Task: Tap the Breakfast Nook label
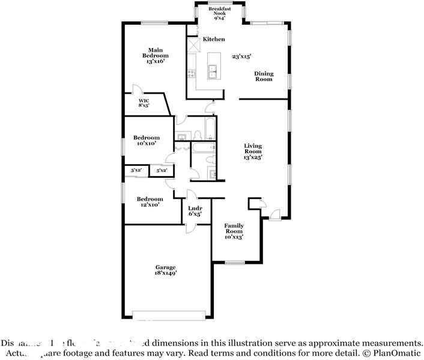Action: pyautogui.click(x=219, y=14)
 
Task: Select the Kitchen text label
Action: pyautogui.click(x=213, y=39)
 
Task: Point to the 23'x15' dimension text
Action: pyautogui.click(x=241, y=56)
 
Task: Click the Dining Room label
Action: pyautogui.click(x=264, y=76)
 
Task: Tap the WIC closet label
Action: pyautogui.click(x=144, y=103)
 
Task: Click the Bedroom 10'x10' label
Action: pyautogui.click(x=146, y=140)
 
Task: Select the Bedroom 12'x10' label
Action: pyautogui.click(x=150, y=202)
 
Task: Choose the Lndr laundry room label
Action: pyautogui.click(x=195, y=211)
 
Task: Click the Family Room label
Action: pyautogui.click(x=234, y=231)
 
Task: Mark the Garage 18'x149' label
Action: pyautogui.click(x=166, y=270)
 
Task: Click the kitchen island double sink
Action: pyautogui.click(x=213, y=72)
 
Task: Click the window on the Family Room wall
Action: pyautogui.click(x=234, y=262)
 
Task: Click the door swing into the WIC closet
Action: pyautogui.click(x=138, y=89)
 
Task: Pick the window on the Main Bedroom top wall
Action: pyautogui.click(x=154, y=23)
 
